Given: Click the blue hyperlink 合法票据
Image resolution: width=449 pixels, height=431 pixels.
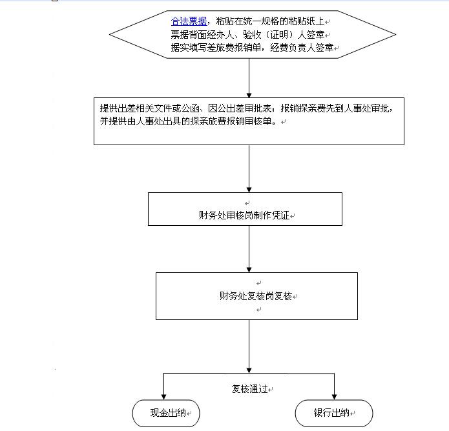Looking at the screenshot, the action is tap(189, 21).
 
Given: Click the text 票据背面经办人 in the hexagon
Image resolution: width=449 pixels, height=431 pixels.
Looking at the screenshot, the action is tap(202, 35).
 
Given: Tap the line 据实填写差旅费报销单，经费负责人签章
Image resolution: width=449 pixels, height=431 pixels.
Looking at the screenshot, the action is tap(252, 48).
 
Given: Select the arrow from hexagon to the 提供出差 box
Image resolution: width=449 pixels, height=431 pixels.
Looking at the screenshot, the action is tap(249, 78).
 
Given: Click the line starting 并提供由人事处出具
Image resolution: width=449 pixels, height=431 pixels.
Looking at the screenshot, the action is tap(189, 121).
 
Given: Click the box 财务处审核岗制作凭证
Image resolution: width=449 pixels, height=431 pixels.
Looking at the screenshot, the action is tap(245, 209).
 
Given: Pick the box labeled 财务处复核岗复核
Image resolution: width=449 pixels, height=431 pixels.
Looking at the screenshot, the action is tap(256, 296).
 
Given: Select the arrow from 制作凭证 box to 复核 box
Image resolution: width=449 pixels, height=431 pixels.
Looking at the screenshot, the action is tap(249, 249).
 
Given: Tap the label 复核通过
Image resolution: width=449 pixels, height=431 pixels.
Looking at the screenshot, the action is tap(250, 389).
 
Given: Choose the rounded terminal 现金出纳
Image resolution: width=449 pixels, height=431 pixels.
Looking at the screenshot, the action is tap(166, 414).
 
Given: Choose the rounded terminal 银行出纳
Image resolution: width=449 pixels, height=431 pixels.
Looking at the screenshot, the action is tap(334, 414).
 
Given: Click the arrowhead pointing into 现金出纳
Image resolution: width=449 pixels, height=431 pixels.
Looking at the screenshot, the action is tap(164, 397).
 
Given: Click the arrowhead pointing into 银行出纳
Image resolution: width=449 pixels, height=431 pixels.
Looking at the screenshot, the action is tap(334, 397).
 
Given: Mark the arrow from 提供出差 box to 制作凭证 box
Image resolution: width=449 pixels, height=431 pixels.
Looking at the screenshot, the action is tap(249, 169).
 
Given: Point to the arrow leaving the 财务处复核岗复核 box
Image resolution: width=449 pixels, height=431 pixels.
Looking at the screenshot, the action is tap(249, 346).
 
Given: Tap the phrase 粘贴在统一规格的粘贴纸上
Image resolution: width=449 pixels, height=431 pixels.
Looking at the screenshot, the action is tap(270, 21).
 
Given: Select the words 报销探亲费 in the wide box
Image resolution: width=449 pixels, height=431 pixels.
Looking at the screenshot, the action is tap(298, 108).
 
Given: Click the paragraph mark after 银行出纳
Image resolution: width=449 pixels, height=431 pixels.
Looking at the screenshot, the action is tap(353, 414).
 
